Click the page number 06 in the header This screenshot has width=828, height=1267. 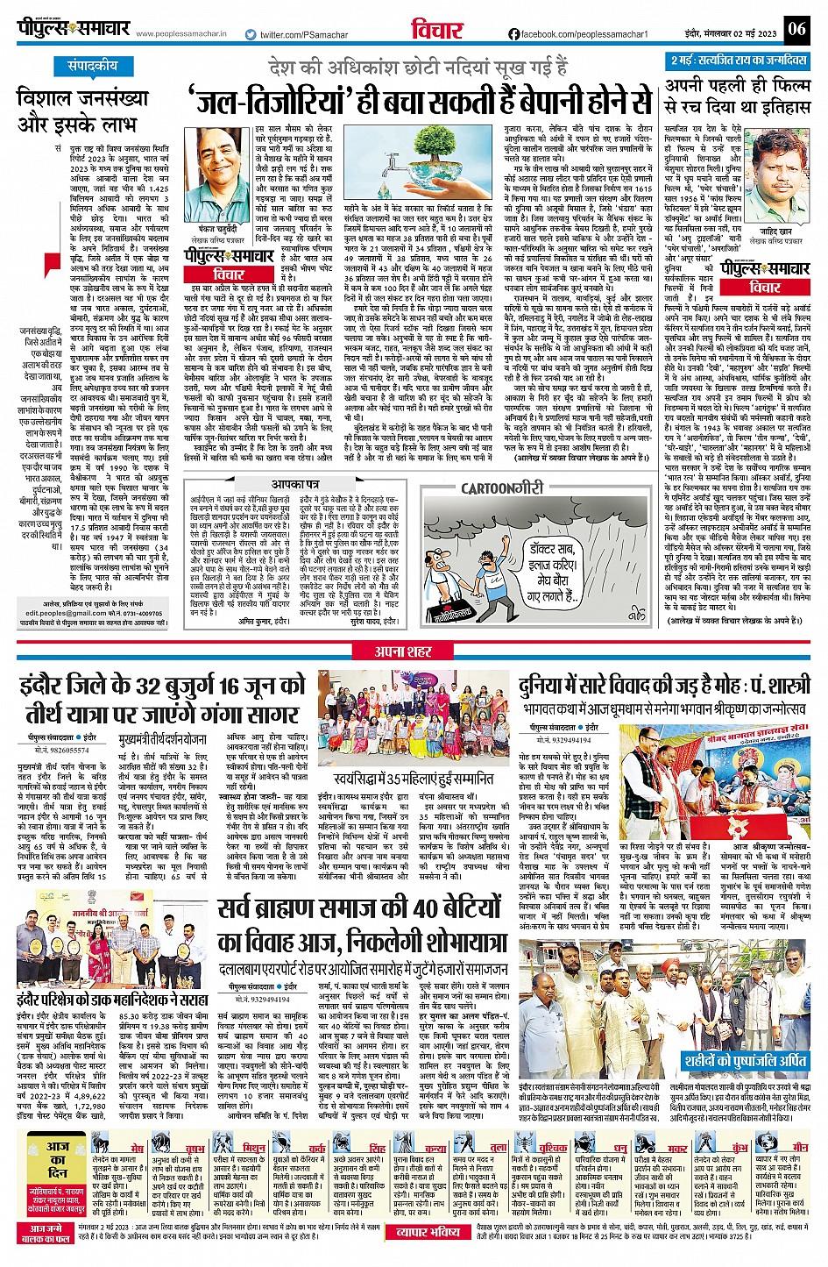pos(796,29)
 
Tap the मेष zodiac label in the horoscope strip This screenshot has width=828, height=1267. pos(138,1147)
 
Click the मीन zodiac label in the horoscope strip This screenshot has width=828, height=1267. pos(799,1147)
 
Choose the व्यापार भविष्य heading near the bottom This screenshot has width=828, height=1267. pos(429,1232)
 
